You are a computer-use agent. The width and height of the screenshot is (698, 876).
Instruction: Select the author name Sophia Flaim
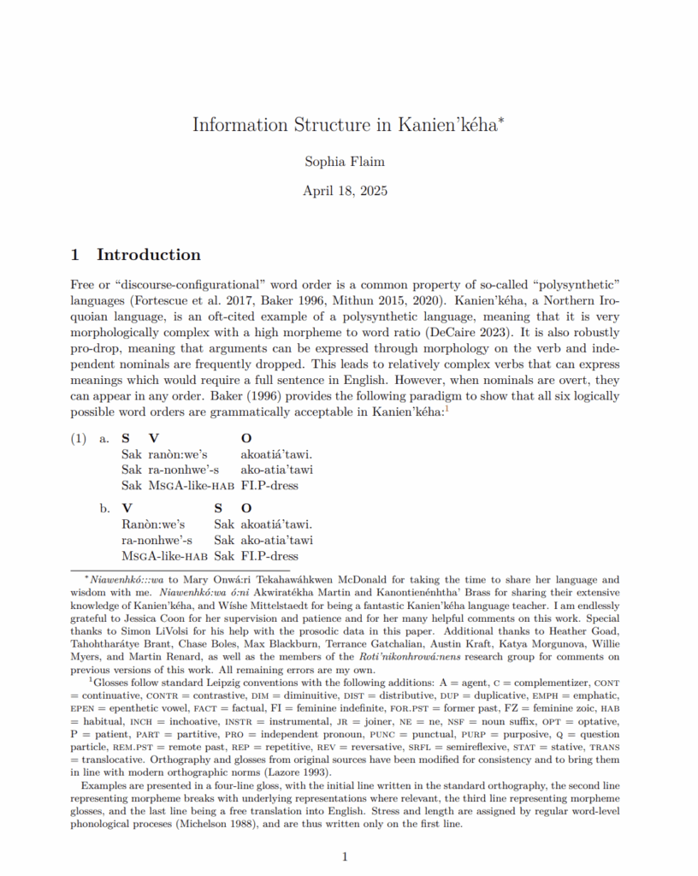[345, 161]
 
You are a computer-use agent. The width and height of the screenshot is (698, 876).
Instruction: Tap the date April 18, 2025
[345, 190]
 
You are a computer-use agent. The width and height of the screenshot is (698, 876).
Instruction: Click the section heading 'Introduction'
[148, 255]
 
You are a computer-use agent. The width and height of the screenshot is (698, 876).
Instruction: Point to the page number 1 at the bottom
[345, 856]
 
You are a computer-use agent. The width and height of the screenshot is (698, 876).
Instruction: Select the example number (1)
[79, 439]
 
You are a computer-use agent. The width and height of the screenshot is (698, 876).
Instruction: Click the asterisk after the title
[501, 119]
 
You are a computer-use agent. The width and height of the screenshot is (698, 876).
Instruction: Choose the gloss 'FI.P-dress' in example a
[269, 486]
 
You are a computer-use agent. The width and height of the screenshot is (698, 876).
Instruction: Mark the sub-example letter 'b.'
[104, 508]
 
